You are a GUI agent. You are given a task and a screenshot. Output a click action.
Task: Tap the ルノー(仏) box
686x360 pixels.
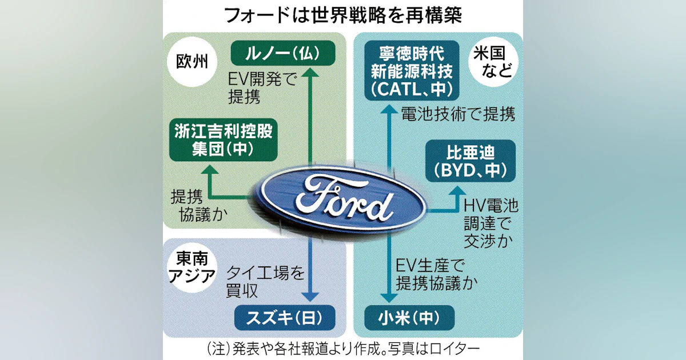click(x=283, y=53)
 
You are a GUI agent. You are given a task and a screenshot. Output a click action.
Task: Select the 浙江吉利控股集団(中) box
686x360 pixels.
click(x=224, y=140)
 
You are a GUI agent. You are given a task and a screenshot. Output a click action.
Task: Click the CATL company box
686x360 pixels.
click(x=412, y=70)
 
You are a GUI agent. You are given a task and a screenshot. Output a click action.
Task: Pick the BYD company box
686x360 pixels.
click(x=470, y=161)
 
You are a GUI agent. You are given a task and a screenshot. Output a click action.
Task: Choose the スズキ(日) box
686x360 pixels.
click(x=285, y=318)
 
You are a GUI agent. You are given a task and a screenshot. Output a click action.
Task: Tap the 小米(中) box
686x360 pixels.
click(x=409, y=318)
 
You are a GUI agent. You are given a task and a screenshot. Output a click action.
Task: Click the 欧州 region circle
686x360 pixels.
click(x=192, y=62)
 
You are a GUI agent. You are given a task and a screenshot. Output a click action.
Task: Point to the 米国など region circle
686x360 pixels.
click(x=493, y=62)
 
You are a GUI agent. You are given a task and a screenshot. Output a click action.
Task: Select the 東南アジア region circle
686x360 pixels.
click(x=192, y=267)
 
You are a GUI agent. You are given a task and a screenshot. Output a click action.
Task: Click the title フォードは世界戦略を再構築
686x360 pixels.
click(x=343, y=15)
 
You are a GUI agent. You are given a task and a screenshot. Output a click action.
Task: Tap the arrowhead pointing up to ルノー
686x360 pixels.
click(x=310, y=72)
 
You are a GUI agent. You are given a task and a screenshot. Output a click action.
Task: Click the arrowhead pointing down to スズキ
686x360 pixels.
click(x=310, y=297)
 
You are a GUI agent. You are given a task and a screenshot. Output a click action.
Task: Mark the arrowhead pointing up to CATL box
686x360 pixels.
click(x=389, y=109)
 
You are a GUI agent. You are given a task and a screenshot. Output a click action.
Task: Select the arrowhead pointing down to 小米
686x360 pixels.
click(x=389, y=298)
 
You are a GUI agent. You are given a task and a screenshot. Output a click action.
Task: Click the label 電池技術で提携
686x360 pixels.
click(x=458, y=114)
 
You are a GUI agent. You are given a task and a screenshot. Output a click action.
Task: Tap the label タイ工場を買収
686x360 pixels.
click(x=265, y=282)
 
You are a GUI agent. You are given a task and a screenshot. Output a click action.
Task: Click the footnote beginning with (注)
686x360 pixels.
click(x=343, y=349)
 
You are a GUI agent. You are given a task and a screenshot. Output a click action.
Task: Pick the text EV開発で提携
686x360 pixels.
click(x=262, y=88)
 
